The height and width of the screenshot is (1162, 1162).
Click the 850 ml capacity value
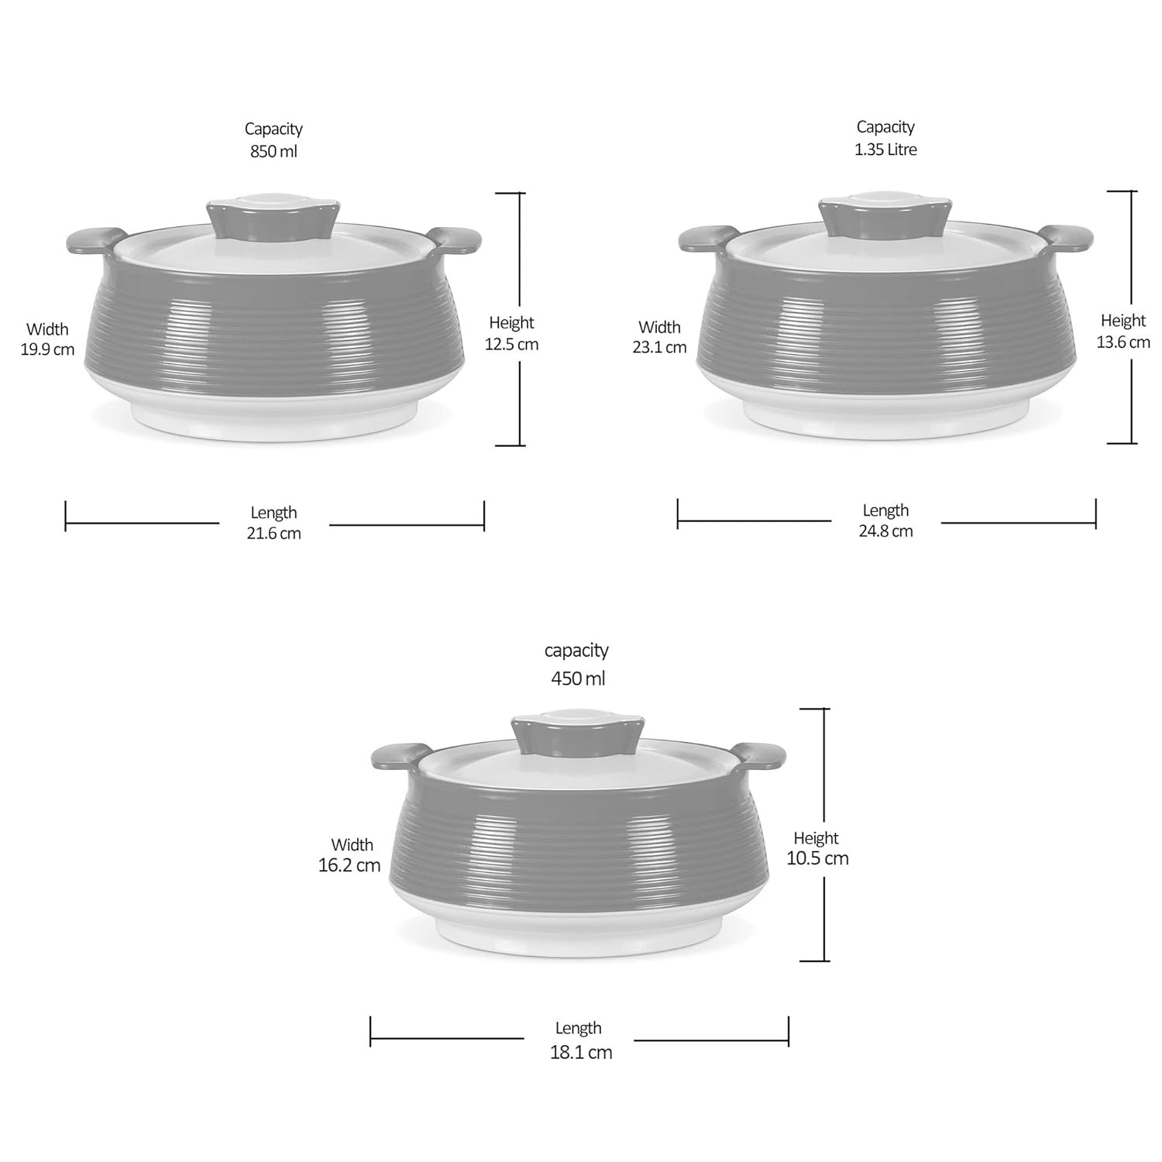[x=273, y=151]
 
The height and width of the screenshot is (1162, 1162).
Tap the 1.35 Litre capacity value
[x=885, y=149]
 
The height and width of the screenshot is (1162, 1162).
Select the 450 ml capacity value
[x=578, y=679]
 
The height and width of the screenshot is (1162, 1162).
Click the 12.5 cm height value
[x=511, y=344]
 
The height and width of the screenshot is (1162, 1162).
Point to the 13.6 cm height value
[x=1123, y=342]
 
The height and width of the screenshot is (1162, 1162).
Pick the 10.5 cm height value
[x=817, y=858]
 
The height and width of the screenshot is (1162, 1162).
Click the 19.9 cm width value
[x=47, y=349]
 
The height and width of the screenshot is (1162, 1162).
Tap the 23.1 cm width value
[x=659, y=347]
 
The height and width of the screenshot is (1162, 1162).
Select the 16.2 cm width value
[x=349, y=865]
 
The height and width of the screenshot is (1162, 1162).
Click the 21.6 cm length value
[x=273, y=533]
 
